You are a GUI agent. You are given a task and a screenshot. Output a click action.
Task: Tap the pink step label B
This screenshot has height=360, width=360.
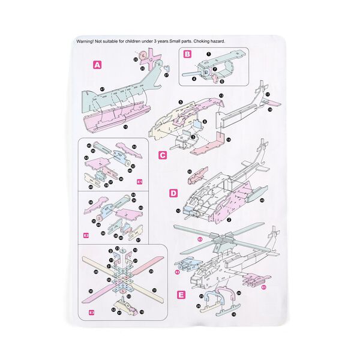click(x=187, y=54)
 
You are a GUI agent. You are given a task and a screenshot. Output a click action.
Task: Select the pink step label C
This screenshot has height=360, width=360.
click(x=163, y=155)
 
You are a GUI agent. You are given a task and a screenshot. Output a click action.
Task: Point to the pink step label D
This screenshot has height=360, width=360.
click(x=174, y=193)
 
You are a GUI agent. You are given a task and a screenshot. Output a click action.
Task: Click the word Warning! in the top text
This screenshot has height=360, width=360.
click(x=88, y=41)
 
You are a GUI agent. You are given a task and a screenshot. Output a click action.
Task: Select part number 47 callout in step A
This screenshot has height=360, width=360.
click(x=103, y=89)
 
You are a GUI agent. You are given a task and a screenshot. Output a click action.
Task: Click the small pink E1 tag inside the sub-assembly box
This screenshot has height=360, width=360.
click(x=139, y=181)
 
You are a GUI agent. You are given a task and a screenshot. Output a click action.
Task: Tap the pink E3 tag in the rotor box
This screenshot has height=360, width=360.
click(x=92, y=312)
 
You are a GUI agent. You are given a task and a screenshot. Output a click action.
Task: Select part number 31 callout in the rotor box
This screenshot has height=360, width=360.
click(x=154, y=290)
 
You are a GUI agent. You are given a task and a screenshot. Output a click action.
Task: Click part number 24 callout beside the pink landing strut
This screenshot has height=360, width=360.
click(x=239, y=293)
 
